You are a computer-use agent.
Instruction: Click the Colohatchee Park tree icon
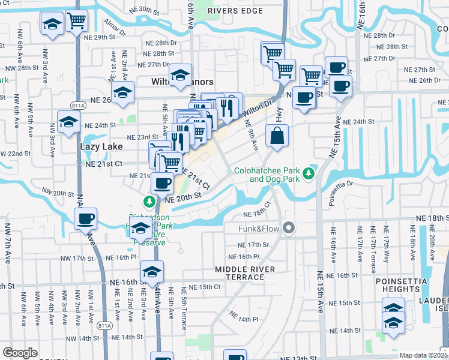click(309, 173)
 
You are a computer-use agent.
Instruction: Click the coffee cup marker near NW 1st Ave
click(85, 218)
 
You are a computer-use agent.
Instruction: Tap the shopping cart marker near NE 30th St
click(76, 21)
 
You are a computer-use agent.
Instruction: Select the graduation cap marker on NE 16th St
click(152, 272)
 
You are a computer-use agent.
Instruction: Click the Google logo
click(20, 353)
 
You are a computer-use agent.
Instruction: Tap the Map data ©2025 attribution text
click(422, 355)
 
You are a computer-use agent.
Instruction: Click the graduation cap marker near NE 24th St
click(68, 122)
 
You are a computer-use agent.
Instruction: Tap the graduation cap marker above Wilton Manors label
click(179, 76)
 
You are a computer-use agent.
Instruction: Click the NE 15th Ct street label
click(201, 287)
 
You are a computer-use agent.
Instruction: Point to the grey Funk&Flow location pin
click(289, 228)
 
